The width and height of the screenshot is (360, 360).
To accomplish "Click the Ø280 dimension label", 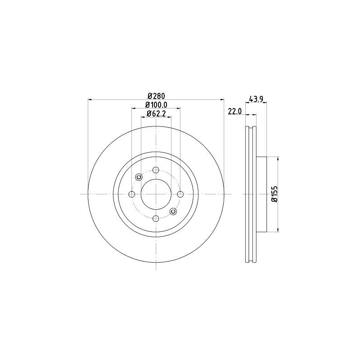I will [x=156, y=96].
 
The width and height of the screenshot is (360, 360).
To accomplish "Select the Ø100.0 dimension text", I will [x=156, y=105].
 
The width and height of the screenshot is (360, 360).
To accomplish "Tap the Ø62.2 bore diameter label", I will [x=156, y=114].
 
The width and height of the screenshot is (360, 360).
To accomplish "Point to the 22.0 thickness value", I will [x=235, y=112].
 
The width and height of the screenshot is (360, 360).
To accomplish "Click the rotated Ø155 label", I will [x=273, y=194].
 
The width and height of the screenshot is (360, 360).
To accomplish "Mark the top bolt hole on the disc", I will [x=156, y=170].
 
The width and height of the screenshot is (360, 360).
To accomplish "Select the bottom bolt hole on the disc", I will [x=156, y=218].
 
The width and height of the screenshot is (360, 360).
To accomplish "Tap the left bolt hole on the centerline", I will [x=132, y=194].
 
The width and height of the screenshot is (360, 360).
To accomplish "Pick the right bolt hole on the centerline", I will [x=180, y=194].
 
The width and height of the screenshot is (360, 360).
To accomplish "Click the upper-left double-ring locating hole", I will [x=139, y=177].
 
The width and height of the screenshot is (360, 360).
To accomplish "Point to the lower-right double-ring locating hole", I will [x=173, y=211].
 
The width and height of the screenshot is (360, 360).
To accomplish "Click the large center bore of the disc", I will [x=156, y=194].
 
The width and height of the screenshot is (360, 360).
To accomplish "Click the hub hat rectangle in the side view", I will [x=261, y=194].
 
